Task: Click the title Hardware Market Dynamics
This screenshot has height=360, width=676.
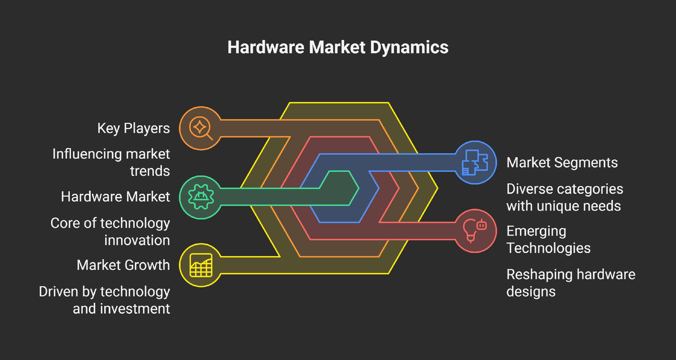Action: (x=338, y=47)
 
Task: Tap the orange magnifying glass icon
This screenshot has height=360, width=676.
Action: (x=200, y=128)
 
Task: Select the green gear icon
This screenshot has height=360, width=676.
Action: (x=200, y=197)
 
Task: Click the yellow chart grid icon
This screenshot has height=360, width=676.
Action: (x=200, y=265)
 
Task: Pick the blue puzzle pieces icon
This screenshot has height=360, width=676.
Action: (x=475, y=162)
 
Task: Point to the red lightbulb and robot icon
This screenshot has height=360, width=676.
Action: (x=475, y=230)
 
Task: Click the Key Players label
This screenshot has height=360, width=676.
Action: (x=134, y=128)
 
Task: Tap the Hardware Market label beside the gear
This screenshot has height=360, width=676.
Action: (x=115, y=197)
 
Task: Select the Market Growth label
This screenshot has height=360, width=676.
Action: (x=123, y=265)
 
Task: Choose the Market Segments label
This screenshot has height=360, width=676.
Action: (x=562, y=163)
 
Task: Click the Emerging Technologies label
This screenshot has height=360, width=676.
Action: (x=548, y=239)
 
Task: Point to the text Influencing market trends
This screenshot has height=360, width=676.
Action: (x=111, y=162)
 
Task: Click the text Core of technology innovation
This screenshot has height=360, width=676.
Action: (x=110, y=231)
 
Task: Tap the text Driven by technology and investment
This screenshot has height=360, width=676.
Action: (x=104, y=300)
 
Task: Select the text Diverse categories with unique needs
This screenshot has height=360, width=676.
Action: (x=564, y=197)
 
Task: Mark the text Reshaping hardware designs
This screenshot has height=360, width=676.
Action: (x=571, y=283)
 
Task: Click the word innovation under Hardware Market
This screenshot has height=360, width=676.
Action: (x=137, y=240)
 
